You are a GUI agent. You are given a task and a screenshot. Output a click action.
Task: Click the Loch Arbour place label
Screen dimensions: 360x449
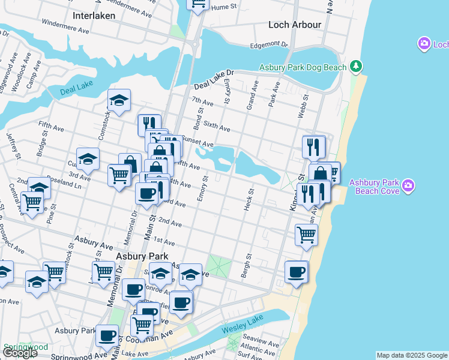pyautogui.click(x=295, y=25)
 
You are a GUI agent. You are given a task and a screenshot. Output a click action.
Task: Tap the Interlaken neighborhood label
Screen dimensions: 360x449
pyautogui.click(x=94, y=14)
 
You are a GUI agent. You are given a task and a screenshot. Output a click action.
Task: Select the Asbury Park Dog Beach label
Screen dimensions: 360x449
pyautogui.click(x=303, y=68)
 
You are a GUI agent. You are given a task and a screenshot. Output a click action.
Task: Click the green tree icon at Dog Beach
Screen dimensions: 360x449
pyautogui.click(x=356, y=65)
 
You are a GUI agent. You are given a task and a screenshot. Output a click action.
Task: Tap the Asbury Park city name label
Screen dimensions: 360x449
pyautogui.click(x=135, y=256)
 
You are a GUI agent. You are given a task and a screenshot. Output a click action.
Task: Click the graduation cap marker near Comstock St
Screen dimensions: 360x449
pyautogui.click(x=119, y=101)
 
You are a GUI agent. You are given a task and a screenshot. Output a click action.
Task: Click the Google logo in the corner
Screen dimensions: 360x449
pyautogui.click(x=20, y=353)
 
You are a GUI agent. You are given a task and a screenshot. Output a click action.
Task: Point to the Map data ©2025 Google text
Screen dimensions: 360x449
pyautogui.click(x=412, y=355)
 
